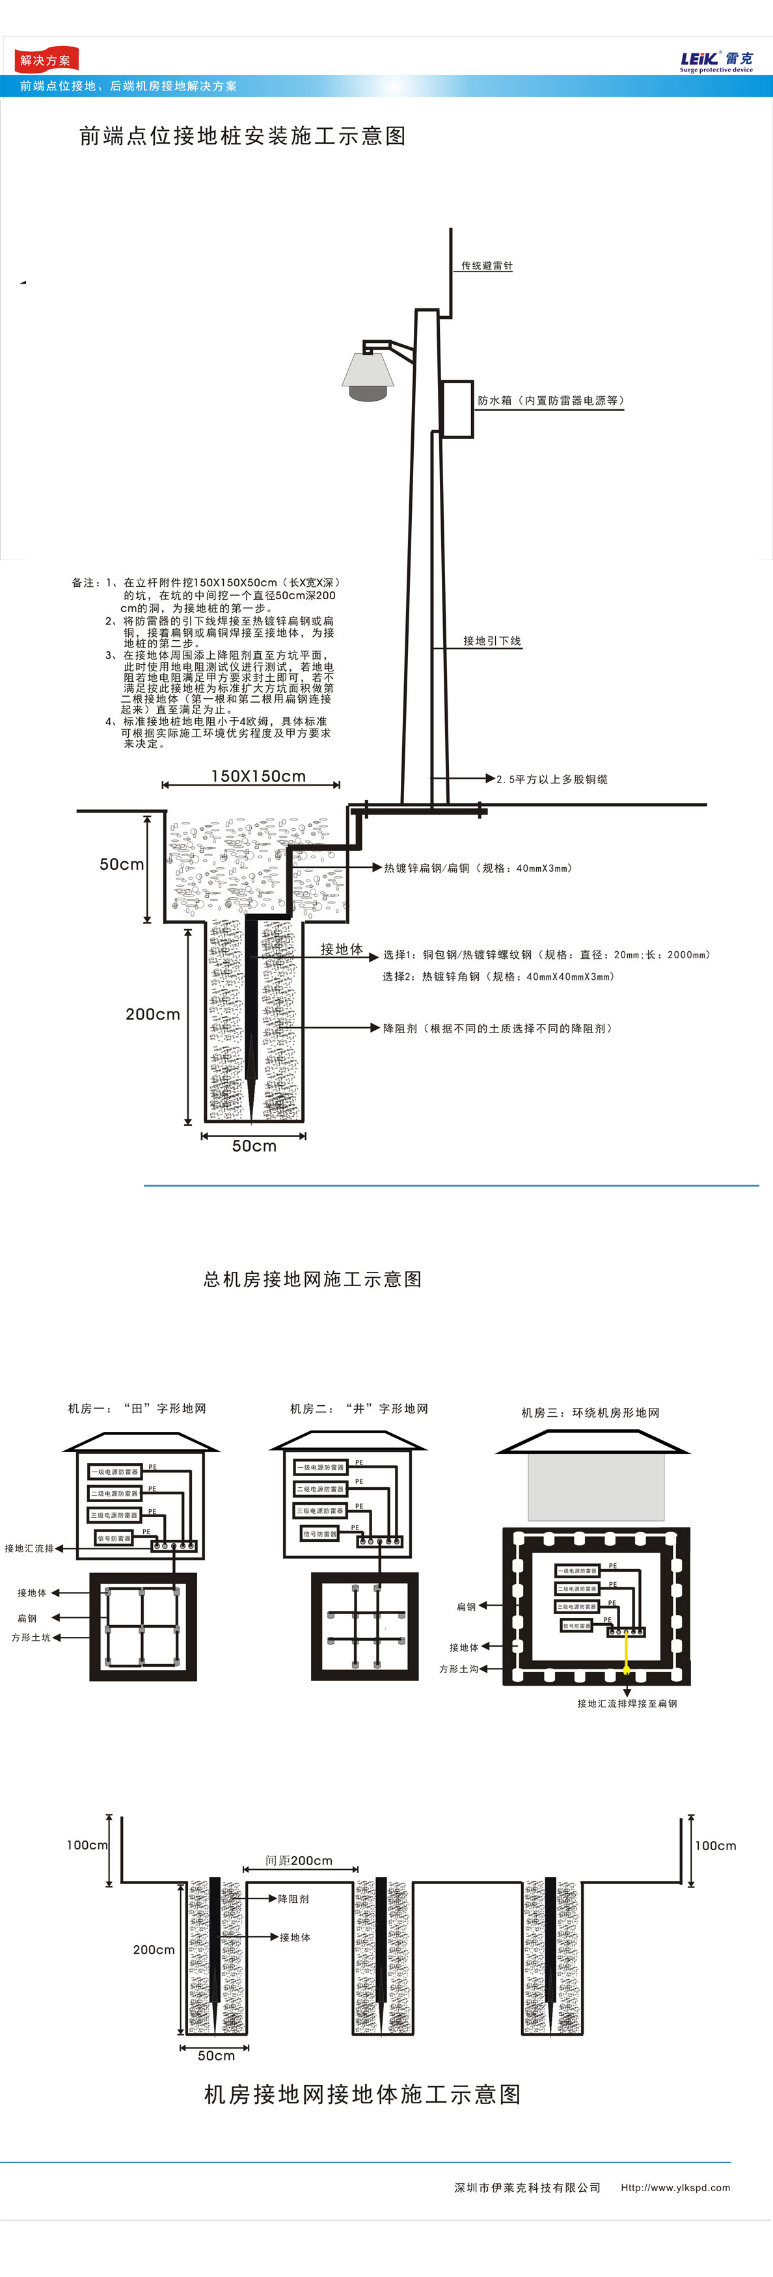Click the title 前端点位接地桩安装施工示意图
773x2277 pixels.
pos(242,136)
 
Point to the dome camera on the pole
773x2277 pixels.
pos(368,377)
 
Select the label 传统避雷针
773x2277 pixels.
pos(487,266)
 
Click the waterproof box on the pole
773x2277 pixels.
pos(457,409)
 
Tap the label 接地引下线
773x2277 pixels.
pos(492,641)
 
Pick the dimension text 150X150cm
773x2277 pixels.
pos(258,776)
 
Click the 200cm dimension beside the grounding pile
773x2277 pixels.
pos(152,1014)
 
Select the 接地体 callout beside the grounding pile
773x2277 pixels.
pos(342,949)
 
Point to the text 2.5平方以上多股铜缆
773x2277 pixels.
pos(552,779)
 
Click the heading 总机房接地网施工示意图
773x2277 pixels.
pos(312,1279)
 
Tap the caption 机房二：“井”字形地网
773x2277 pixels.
pos(359,1408)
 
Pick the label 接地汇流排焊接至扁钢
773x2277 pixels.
pos(627,1703)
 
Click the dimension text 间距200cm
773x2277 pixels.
pos(299,1861)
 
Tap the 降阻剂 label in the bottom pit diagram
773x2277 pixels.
pos(293,1898)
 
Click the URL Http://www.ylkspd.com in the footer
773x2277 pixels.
pos(675,2188)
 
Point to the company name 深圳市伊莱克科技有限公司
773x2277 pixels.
pos(527,2188)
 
